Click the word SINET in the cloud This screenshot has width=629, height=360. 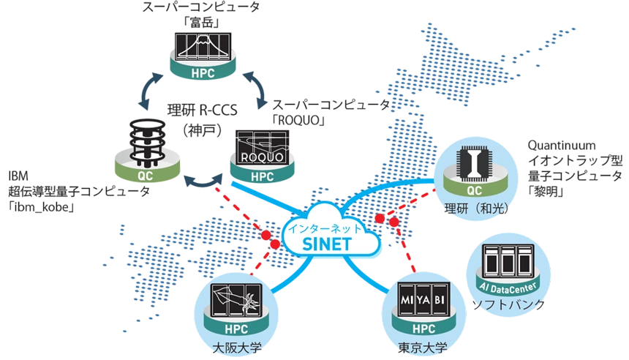click(327, 244)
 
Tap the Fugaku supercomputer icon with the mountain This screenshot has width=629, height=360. click(203, 47)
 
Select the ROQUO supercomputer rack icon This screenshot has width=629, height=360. click(263, 147)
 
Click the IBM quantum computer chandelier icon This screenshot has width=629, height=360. click(147, 143)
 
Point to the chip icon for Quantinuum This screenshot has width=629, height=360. click(475, 163)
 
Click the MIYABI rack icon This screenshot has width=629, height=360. click(423, 299)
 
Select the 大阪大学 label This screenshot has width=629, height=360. click(237, 348)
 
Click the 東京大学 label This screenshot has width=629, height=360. click(423, 348)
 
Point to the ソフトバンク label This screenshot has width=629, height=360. click(508, 304)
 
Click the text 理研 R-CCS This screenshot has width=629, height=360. click(203, 110)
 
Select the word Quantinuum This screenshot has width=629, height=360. click(561, 145)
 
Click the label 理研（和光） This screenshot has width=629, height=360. click(476, 209)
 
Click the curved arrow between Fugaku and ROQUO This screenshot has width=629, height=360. click(256, 89)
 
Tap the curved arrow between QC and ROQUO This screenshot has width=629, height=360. click(203, 183)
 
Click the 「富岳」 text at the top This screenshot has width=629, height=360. click(202, 23)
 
